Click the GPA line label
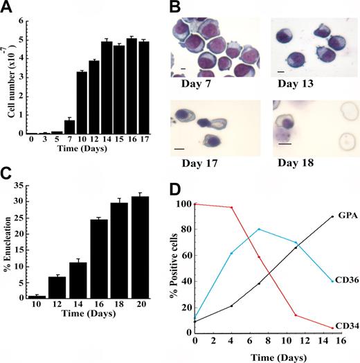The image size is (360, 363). [344, 217]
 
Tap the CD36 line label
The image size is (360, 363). [345, 281]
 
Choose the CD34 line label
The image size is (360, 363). [345, 326]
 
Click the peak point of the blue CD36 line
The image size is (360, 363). [259, 229]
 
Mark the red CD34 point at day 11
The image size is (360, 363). [296, 315]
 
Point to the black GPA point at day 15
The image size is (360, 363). [332, 217]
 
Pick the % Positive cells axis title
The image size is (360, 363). [183, 267]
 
